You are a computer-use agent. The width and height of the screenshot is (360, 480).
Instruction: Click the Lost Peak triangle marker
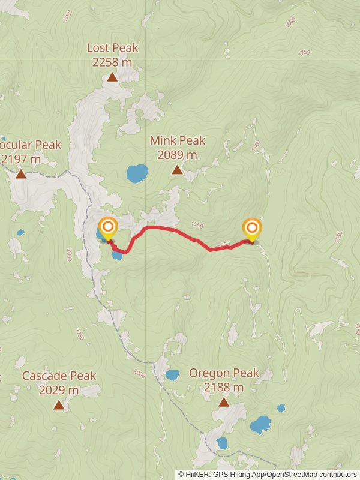coord(112,77)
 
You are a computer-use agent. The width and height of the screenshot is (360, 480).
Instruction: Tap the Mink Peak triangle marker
coord(177,170)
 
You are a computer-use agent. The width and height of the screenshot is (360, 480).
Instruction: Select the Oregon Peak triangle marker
coord(224,402)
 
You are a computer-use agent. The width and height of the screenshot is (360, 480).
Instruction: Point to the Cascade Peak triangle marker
coord(59,405)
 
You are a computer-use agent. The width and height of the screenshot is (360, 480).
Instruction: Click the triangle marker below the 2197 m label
coord(21,174)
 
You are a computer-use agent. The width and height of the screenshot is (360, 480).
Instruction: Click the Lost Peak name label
coord(112,47)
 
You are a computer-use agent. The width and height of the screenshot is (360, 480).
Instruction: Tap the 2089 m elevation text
coord(177,155)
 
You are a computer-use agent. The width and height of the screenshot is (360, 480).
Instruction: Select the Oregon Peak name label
coord(224,373)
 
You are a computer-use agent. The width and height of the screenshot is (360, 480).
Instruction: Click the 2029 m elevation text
coord(59,390)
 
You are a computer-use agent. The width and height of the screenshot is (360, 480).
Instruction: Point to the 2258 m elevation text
coord(112,62)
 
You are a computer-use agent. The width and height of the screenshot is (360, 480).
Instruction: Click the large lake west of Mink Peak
coord(137,173)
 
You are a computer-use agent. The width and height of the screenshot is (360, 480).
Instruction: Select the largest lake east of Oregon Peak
coord(260,425)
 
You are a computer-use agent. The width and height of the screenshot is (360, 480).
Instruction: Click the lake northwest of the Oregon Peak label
coord(172,375)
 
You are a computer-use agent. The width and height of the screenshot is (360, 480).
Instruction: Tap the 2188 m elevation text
coord(224,388)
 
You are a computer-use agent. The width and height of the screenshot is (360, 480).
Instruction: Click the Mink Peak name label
coord(177,140)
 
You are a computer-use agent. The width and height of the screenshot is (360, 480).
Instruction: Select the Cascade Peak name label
coord(59,376)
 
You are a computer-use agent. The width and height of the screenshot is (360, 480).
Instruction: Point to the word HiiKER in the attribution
coord(199,474)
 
